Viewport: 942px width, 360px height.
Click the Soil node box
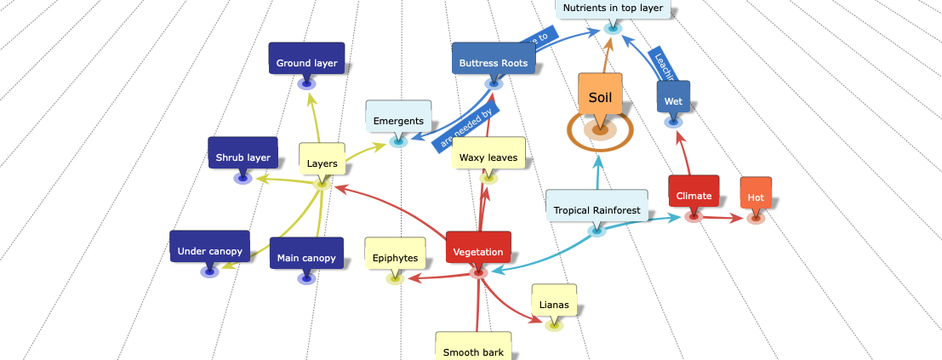[x=600, y=97]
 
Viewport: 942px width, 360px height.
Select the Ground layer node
[x=306, y=62]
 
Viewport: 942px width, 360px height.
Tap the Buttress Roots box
[x=494, y=62]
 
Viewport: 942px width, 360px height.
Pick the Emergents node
[x=398, y=121]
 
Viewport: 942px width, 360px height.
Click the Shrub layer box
[x=243, y=157]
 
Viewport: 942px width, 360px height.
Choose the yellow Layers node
[x=322, y=163]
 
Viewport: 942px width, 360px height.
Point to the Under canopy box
[x=209, y=250]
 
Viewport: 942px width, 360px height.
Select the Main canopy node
[x=306, y=257]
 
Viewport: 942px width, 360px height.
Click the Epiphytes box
[x=395, y=257]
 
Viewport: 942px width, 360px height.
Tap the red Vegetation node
[x=478, y=251]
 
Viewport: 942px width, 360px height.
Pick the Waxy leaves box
[x=488, y=157]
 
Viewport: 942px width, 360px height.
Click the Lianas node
[x=554, y=305]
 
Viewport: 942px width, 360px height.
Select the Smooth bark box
[x=473, y=351]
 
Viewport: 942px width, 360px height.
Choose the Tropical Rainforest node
[x=597, y=209]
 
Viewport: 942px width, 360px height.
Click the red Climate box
[x=694, y=195]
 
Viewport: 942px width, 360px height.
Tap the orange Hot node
[x=756, y=197]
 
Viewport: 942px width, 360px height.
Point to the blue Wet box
[x=673, y=100]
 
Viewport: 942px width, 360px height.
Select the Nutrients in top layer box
[x=613, y=9]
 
